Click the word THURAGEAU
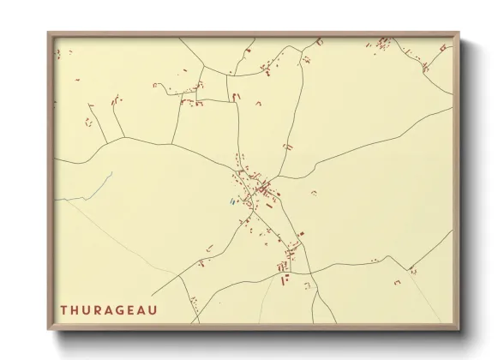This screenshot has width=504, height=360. (x=108, y=309)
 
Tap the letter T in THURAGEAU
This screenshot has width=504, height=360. (x=64, y=309)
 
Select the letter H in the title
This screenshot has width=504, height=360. (x=75, y=309)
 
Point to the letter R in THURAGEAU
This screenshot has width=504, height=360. (x=99, y=309)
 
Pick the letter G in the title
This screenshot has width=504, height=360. (x=122, y=309)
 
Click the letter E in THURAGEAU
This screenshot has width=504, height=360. (x=132, y=309)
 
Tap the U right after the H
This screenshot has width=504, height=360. (x=87, y=309)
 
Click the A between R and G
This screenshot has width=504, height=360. (x=111, y=309)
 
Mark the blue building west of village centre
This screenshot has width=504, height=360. (x=231, y=202)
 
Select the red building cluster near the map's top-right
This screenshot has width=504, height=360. (x=384, y=42)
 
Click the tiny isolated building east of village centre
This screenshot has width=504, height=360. (x=313, y=191)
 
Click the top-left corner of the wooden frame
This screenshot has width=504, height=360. (x=49, y=33)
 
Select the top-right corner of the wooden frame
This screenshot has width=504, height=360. (x=459, y=33)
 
